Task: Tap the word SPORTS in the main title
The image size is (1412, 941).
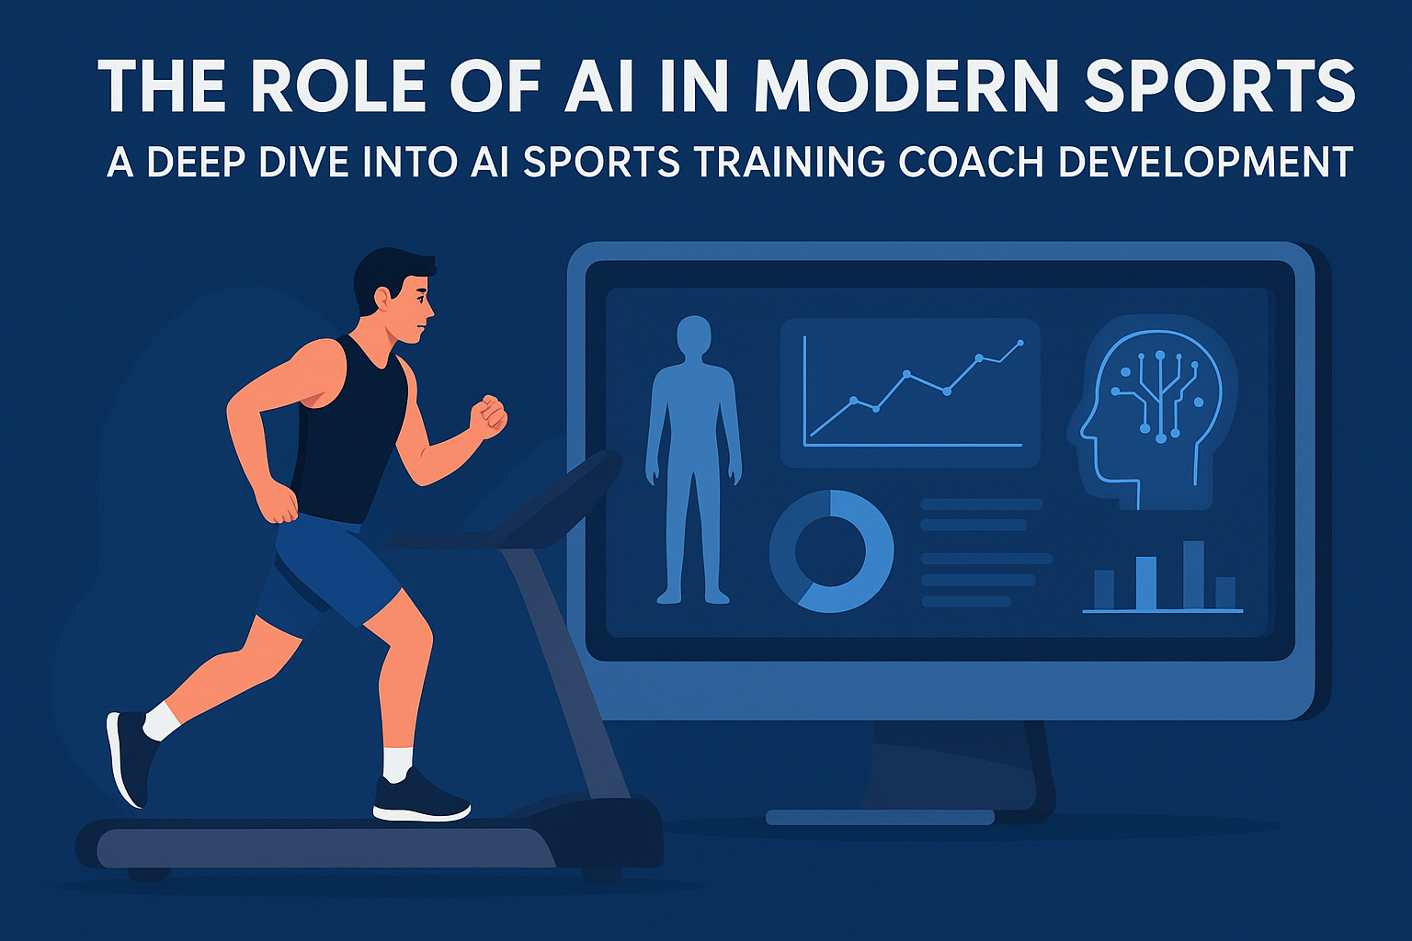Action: coord(1219,86)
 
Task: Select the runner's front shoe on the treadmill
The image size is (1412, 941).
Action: coord(420,797)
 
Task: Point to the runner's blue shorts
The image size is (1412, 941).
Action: coord(326,565)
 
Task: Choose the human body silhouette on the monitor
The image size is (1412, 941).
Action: coord(693,459)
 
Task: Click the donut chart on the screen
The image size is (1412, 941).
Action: coord(831,550)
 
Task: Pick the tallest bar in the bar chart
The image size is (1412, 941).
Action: coord(1192,575)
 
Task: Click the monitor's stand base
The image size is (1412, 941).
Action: coord(880,817)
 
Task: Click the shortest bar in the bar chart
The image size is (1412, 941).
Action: coord(1225,593)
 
